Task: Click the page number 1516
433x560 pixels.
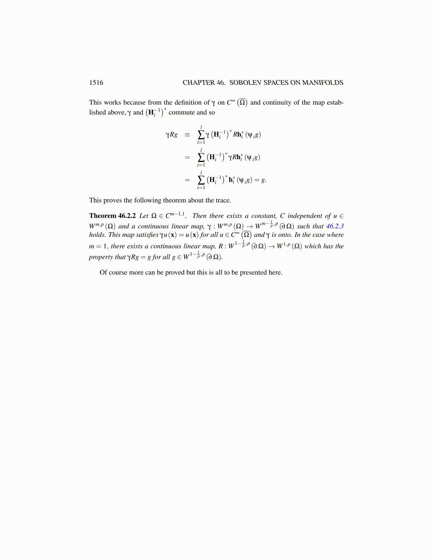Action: click(x=96, y=83)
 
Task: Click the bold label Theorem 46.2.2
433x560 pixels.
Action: click(x=112, y=216)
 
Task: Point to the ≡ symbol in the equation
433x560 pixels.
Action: click(x=187, y=135)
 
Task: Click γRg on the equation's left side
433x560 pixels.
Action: click(x=172, y=135)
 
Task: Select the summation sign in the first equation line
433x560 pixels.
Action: click(x=201, y=135)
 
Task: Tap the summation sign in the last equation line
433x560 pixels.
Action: click(x=201, y=180)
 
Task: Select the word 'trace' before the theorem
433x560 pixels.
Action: click(x=223, y=200)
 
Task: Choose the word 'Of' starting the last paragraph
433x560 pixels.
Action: click(x=103, y=273)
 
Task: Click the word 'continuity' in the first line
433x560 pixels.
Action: click(x=277, y=103)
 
